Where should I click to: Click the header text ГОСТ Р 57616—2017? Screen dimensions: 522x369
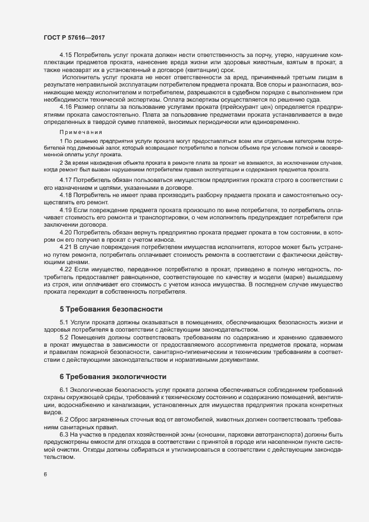tap(74, 37)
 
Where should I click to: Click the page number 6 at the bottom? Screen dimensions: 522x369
tap(45, 475)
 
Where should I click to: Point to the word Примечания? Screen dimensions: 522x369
tap(80, 132)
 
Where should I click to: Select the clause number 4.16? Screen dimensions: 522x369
tap(66, 106)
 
